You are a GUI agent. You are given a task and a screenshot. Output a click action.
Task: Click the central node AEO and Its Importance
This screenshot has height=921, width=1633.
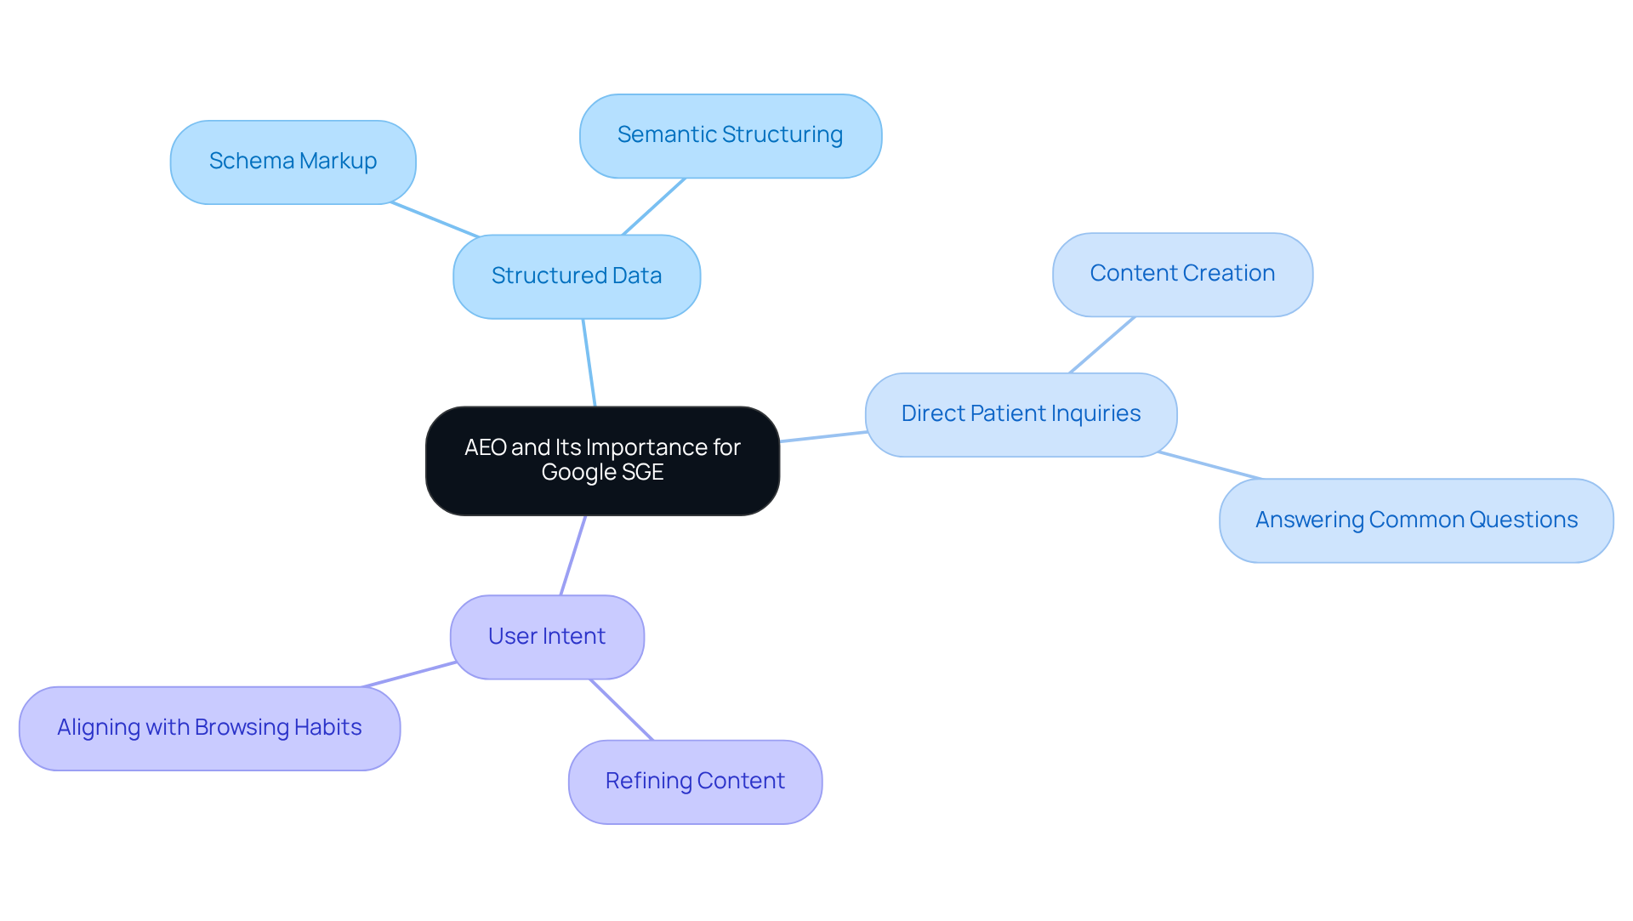[602, 460]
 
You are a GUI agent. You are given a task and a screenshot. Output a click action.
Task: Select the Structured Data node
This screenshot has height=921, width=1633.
[577, 276]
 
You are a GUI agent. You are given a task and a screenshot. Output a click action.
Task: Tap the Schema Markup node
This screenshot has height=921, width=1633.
[293, 162]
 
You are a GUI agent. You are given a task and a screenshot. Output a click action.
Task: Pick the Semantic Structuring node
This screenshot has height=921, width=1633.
[730, 135]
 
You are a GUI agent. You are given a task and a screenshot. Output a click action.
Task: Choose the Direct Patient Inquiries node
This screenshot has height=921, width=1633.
[1021, 414]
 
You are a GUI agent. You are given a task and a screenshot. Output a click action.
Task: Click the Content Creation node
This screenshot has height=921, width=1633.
[1182, 274]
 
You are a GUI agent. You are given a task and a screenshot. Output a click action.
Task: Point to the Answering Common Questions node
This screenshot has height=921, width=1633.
[1416, 520]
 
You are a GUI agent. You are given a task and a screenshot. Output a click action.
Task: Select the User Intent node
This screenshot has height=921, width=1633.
[547, 636]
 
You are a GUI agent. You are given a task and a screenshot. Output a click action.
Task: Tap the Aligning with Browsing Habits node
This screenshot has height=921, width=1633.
[209, 728]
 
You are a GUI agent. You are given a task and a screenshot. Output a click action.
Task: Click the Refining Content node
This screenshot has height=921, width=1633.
[695, 782]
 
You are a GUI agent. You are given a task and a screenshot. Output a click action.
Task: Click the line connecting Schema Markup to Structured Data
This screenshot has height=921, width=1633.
[435, 219]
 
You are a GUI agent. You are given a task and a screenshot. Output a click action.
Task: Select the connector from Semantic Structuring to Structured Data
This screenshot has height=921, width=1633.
[653, 207]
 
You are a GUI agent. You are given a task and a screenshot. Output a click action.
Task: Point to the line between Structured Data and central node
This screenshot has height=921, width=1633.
[589, 363]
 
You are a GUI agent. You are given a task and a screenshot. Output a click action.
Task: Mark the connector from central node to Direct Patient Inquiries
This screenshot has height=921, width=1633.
[823, 436]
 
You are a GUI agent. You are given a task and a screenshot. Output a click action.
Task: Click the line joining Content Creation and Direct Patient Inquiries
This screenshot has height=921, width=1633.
[1101, 345]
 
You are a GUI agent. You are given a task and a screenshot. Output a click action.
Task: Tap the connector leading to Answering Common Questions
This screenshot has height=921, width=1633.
[1209, 465]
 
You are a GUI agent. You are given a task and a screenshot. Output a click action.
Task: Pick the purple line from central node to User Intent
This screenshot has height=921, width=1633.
[572, 555]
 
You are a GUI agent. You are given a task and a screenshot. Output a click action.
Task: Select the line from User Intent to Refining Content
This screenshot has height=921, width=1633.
[622, 709]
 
